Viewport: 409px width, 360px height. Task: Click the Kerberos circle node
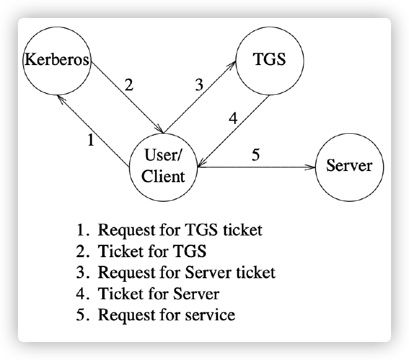pos(56,61)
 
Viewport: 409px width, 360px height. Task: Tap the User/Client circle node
pos(164,165)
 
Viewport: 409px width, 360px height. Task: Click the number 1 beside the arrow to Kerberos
pos(90,140)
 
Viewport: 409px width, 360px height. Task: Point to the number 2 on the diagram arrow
pos(128,86)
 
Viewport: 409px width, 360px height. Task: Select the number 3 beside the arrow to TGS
pos(199,86)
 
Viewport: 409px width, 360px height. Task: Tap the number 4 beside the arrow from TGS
pos(233,119)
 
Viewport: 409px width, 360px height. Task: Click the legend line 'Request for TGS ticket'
pos(169,230)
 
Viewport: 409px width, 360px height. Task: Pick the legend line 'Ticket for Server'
pos(147,294)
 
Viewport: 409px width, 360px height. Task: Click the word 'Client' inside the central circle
pos(164,176)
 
